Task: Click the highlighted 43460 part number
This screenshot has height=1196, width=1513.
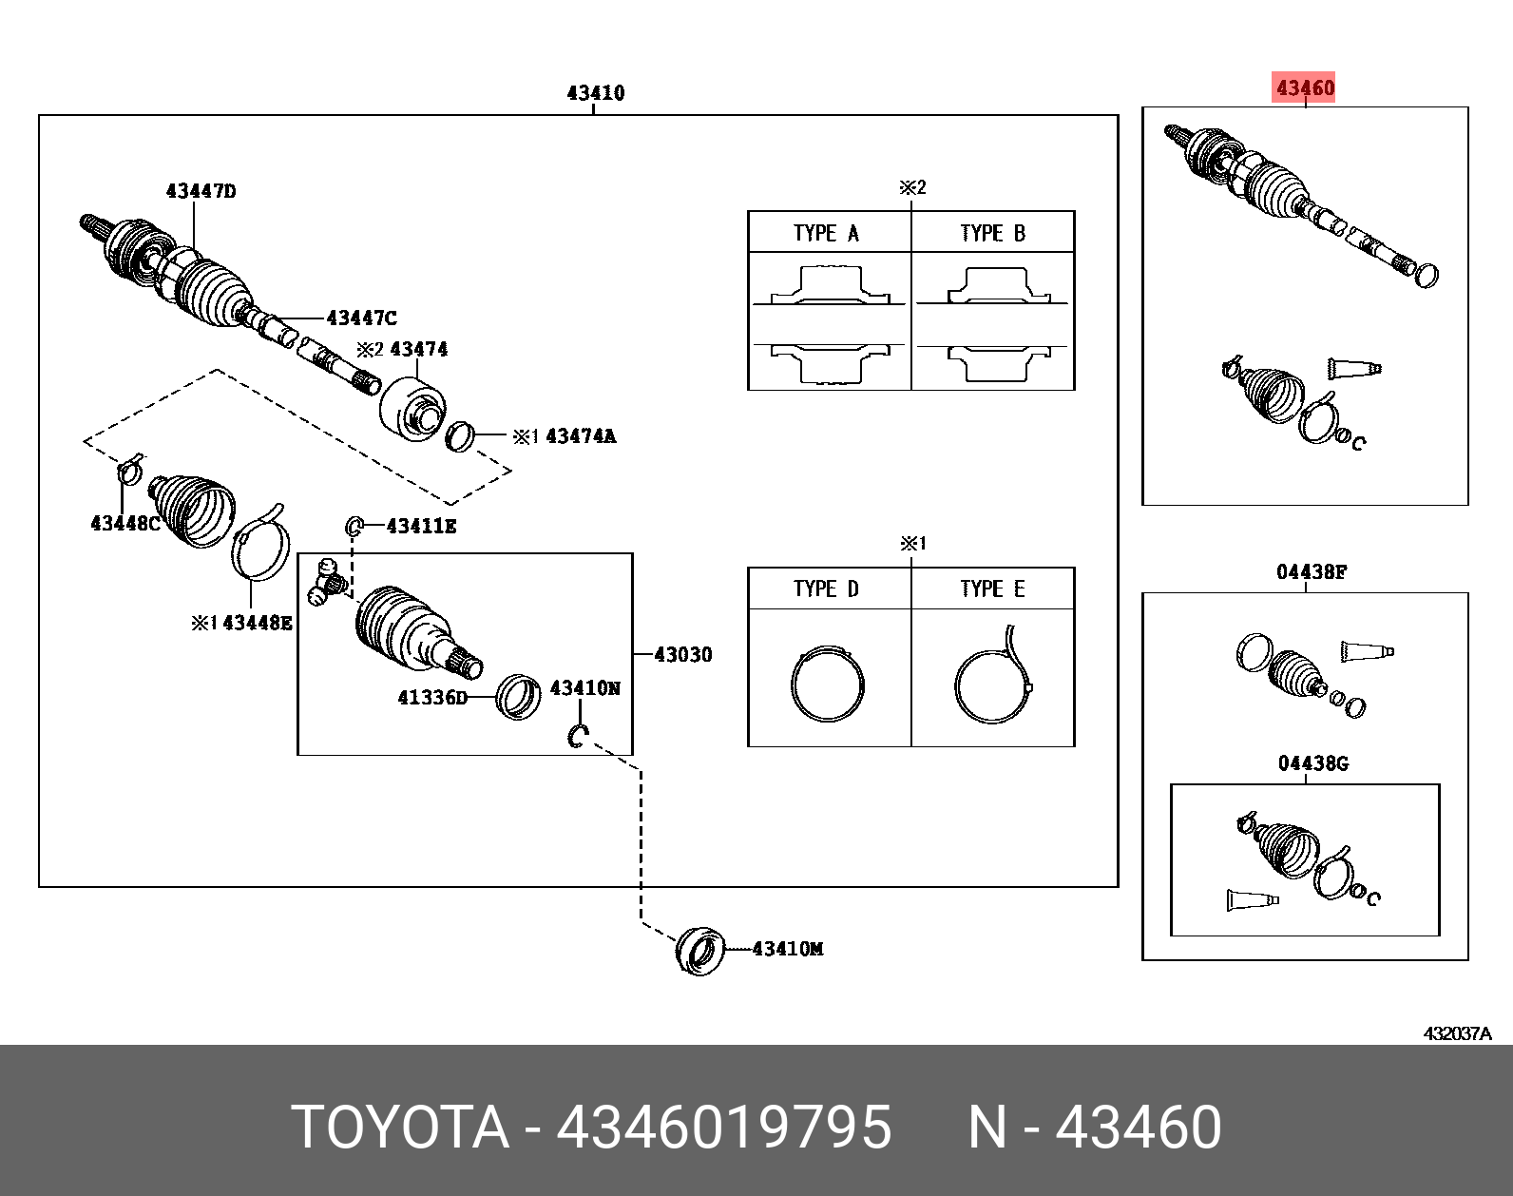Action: point(1305,87)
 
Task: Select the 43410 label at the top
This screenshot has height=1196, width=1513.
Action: point(595,92)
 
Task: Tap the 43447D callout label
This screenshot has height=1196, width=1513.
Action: point(201,191)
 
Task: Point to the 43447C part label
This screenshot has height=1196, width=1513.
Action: point(361,318)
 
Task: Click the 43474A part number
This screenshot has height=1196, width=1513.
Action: point(580,436)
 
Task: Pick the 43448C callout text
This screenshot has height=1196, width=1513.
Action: point(124,523)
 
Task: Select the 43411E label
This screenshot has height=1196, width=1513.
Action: point(421,526)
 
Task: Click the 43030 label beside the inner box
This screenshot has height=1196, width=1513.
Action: point(682,654)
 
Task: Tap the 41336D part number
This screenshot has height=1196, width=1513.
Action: point(432,697)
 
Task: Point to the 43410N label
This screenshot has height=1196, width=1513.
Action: point(584,687)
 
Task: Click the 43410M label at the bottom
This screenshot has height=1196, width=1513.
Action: point(787,948)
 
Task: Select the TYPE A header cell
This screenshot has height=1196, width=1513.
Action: point(828,233)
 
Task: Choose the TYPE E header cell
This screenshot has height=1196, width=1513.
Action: point(992,588)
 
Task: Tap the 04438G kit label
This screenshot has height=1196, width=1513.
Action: point(1312,763)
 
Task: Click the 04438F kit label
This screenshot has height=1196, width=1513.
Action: point(1311,571)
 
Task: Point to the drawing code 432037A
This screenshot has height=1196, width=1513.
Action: point(1457,1033)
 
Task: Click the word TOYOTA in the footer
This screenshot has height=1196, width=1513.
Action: point(400,1127)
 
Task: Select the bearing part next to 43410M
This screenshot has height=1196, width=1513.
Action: point(700,950)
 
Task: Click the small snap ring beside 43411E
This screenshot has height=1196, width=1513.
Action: point(354,526)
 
